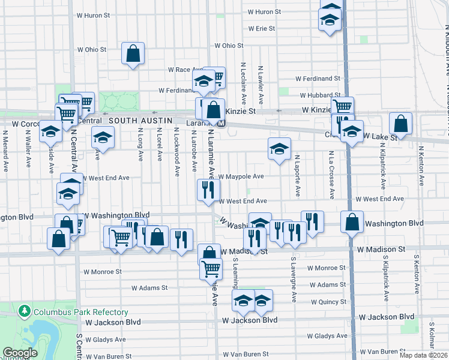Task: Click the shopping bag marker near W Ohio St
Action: coord(133,53)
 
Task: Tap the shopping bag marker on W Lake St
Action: coord(400,124)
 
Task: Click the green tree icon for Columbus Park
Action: coord(25,311)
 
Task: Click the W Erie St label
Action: coord(261,28)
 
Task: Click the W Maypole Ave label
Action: coord(241,176)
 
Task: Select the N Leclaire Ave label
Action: coord(244,83)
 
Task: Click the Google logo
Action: coord(20,353)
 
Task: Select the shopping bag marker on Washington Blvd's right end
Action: coord(352,222)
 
